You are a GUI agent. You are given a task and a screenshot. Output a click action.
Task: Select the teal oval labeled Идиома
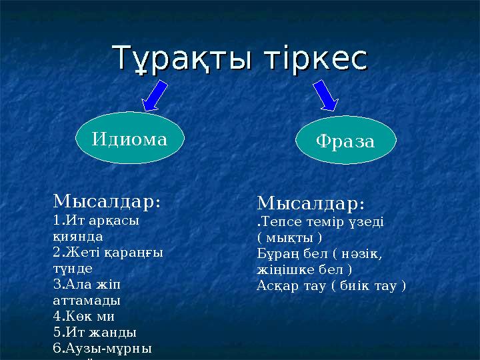tap(129, 139)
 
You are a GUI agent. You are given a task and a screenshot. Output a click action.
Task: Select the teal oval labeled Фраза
tap(345, 141)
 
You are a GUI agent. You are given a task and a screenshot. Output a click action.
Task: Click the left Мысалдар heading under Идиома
tap(106, 201)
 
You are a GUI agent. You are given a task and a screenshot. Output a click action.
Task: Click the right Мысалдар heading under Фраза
tap(311, 202)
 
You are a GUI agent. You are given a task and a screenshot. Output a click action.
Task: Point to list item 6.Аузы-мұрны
tap(103, 348)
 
